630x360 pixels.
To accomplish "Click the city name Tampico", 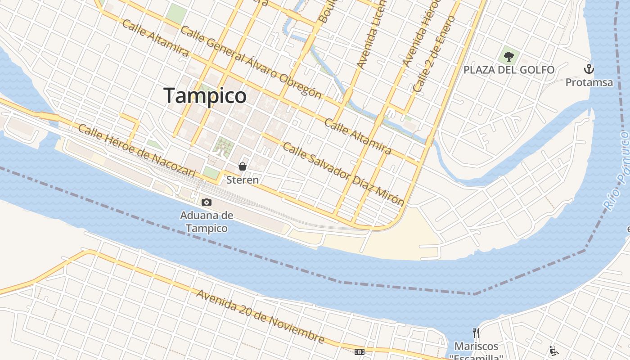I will pos(205,96).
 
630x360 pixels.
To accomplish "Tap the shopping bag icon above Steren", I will pos(243,166).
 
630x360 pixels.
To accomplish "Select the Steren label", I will pos(243,180).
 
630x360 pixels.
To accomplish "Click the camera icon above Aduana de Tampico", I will pos(207,202).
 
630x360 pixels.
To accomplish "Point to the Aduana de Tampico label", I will pos(207,222).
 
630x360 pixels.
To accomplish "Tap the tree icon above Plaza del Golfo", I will pos(509,57).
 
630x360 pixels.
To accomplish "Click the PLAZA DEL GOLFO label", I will pos(509,70).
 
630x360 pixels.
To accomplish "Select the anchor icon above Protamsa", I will pos(589,69).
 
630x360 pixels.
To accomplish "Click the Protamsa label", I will pos(589,82).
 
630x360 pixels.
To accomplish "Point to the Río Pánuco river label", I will pos(617,171).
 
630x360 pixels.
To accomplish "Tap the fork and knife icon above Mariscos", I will pos(476,333).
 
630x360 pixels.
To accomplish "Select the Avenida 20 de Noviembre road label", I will pos(260,316).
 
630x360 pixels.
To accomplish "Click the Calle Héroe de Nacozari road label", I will pos(137,151).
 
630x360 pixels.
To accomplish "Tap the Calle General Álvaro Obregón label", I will pos(251,62).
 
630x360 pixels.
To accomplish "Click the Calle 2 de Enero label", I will pos(434,54).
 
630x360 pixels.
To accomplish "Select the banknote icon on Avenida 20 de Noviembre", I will pos(359,352).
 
